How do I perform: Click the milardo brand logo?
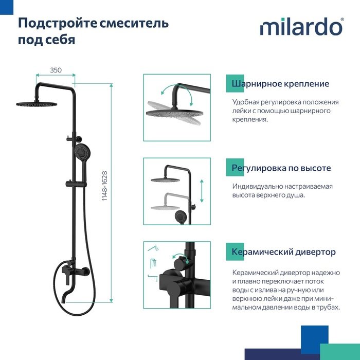coord(302,27)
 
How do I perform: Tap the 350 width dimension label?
coord(56,70)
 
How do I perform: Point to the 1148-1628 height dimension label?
coord(105,186)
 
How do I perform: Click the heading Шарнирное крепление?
coord(280,83)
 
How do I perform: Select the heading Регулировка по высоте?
coord(281,168)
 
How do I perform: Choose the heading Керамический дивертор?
coord(283,252)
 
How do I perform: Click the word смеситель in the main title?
coord(134,23)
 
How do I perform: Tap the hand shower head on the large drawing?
coord(82,152)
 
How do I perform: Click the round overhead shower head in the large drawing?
coord(37,104)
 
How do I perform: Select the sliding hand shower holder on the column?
coord(76,184)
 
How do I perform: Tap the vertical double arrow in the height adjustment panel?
coord(202,191)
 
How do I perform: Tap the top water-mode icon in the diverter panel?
coord(153,248)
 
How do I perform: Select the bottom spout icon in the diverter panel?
coord(153,278)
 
